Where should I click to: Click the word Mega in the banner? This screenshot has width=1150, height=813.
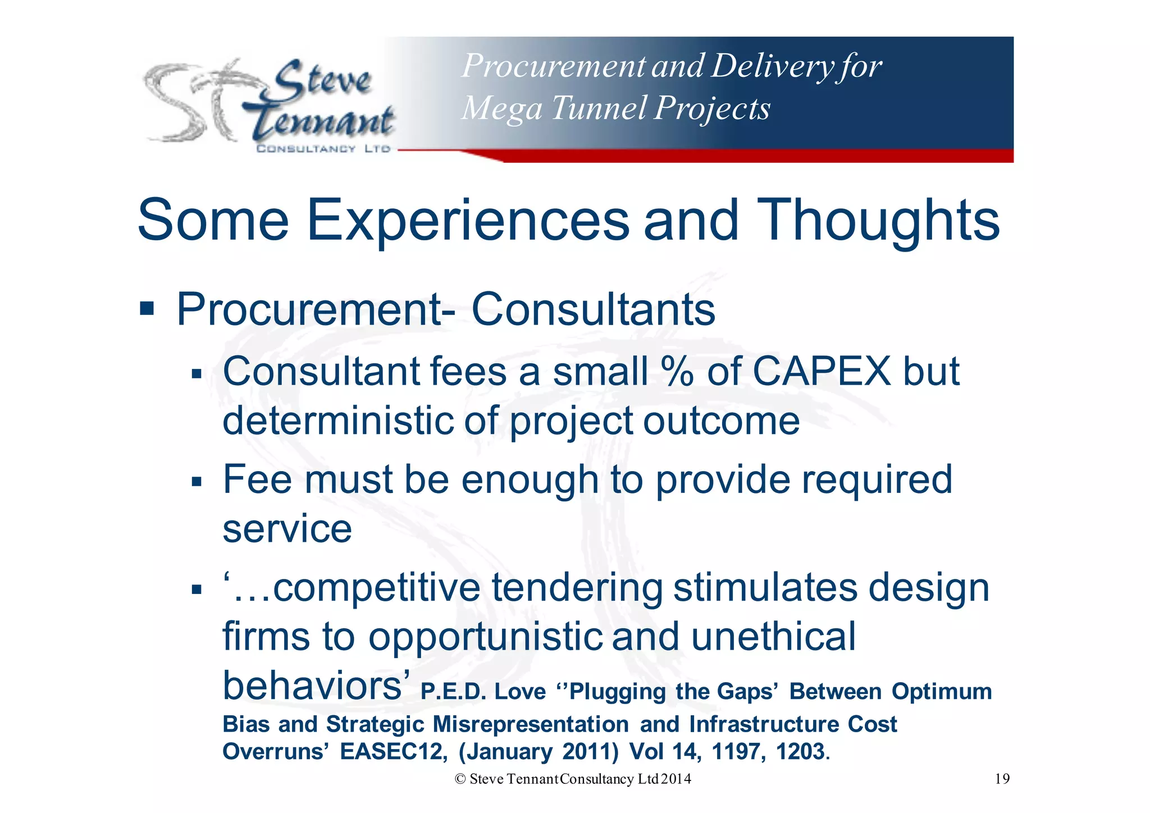click(501, 108)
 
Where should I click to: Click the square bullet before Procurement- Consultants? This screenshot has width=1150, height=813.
click(147, 308)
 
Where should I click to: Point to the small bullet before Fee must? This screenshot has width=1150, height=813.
click(196, 482)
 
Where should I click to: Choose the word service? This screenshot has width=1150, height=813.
click(287, 529)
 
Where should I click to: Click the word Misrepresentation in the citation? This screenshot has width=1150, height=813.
click(531, 724)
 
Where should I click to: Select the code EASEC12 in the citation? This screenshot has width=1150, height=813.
click(391, 751)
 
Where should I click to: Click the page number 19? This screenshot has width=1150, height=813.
click(1002, 779)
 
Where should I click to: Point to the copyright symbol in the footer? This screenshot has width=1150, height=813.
click(460, 779)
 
